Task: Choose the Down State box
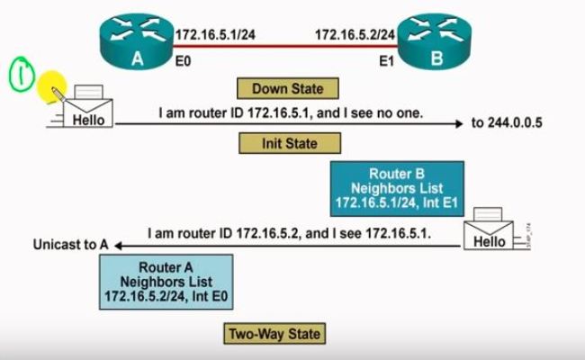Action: tap(281, 88)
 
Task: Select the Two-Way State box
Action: tap(272, 334)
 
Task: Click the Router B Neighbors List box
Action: tap(397, 188)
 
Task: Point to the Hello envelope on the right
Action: tap(490, 235)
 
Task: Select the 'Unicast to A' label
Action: tap(70, 244)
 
